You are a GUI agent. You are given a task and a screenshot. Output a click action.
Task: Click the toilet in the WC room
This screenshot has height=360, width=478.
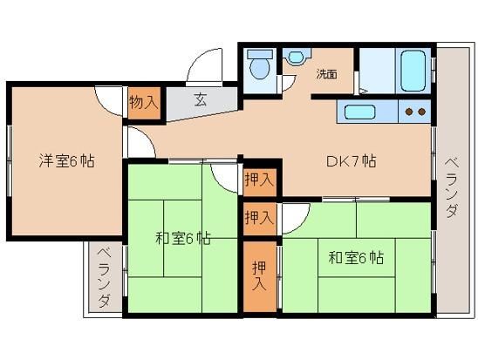pos(260,65)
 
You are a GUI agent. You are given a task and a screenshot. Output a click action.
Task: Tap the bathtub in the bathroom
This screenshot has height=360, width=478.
pos(413,71)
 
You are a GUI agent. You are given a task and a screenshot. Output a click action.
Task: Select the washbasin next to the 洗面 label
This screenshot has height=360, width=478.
pos(296,57)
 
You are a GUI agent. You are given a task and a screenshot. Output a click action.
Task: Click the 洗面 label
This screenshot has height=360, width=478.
pos(326,74)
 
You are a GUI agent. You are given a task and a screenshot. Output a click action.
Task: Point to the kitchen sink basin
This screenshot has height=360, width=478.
pos(359,112)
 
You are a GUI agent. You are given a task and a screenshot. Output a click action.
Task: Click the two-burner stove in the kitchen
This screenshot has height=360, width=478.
pos(415,112)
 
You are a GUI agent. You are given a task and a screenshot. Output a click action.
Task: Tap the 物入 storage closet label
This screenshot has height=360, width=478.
pos(144,102)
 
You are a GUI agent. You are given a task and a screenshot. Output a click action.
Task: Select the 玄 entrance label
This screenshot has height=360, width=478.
pos(201,99)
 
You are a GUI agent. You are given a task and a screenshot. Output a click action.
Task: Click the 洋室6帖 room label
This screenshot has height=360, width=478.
pos(67,160)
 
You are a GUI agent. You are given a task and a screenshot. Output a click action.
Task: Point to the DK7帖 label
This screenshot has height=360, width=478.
pos(351,161)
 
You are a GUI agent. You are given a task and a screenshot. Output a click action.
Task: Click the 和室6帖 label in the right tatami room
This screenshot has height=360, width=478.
pos(356,258)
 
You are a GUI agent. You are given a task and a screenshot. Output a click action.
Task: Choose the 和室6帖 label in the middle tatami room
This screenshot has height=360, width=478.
pos(182,239)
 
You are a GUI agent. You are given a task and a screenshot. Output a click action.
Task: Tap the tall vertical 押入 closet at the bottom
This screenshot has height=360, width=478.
pos(259,276)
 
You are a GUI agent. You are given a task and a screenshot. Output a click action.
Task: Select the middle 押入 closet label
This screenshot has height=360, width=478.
pos(259,218)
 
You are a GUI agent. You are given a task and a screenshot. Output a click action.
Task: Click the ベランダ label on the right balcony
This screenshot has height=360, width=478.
pos(452,188)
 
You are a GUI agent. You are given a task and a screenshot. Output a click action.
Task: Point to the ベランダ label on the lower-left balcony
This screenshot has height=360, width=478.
pos(104,278)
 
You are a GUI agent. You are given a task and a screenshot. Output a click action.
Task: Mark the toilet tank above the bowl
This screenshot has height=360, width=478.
pos(260,55)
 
